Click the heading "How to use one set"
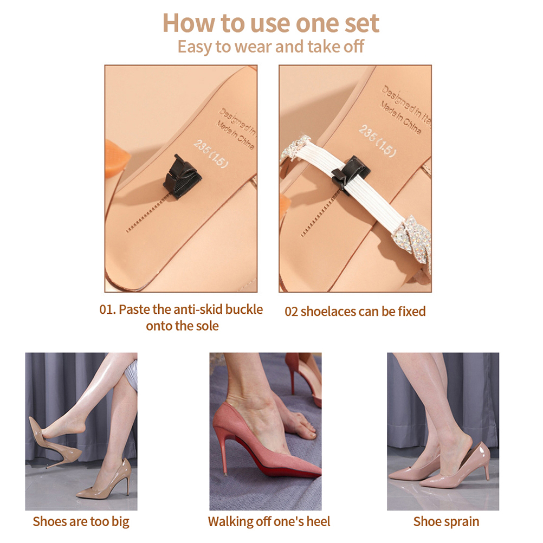(x=271, y=23)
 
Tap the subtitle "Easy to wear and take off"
(x=271, y=47)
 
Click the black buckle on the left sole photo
(x=183, y=177)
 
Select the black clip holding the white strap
(x=350, y=175)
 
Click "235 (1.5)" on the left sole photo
(x=211, y=153)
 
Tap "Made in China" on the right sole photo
(x=400, y=118)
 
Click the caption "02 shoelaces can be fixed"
(x=355, y=311)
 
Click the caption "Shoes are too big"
(x=81, y=521)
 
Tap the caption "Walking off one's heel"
(x=269, y=521)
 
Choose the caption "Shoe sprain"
(x=447, y=521)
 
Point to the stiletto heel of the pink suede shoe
(x=220, y=454)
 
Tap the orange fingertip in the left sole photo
(x=116, y=158)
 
